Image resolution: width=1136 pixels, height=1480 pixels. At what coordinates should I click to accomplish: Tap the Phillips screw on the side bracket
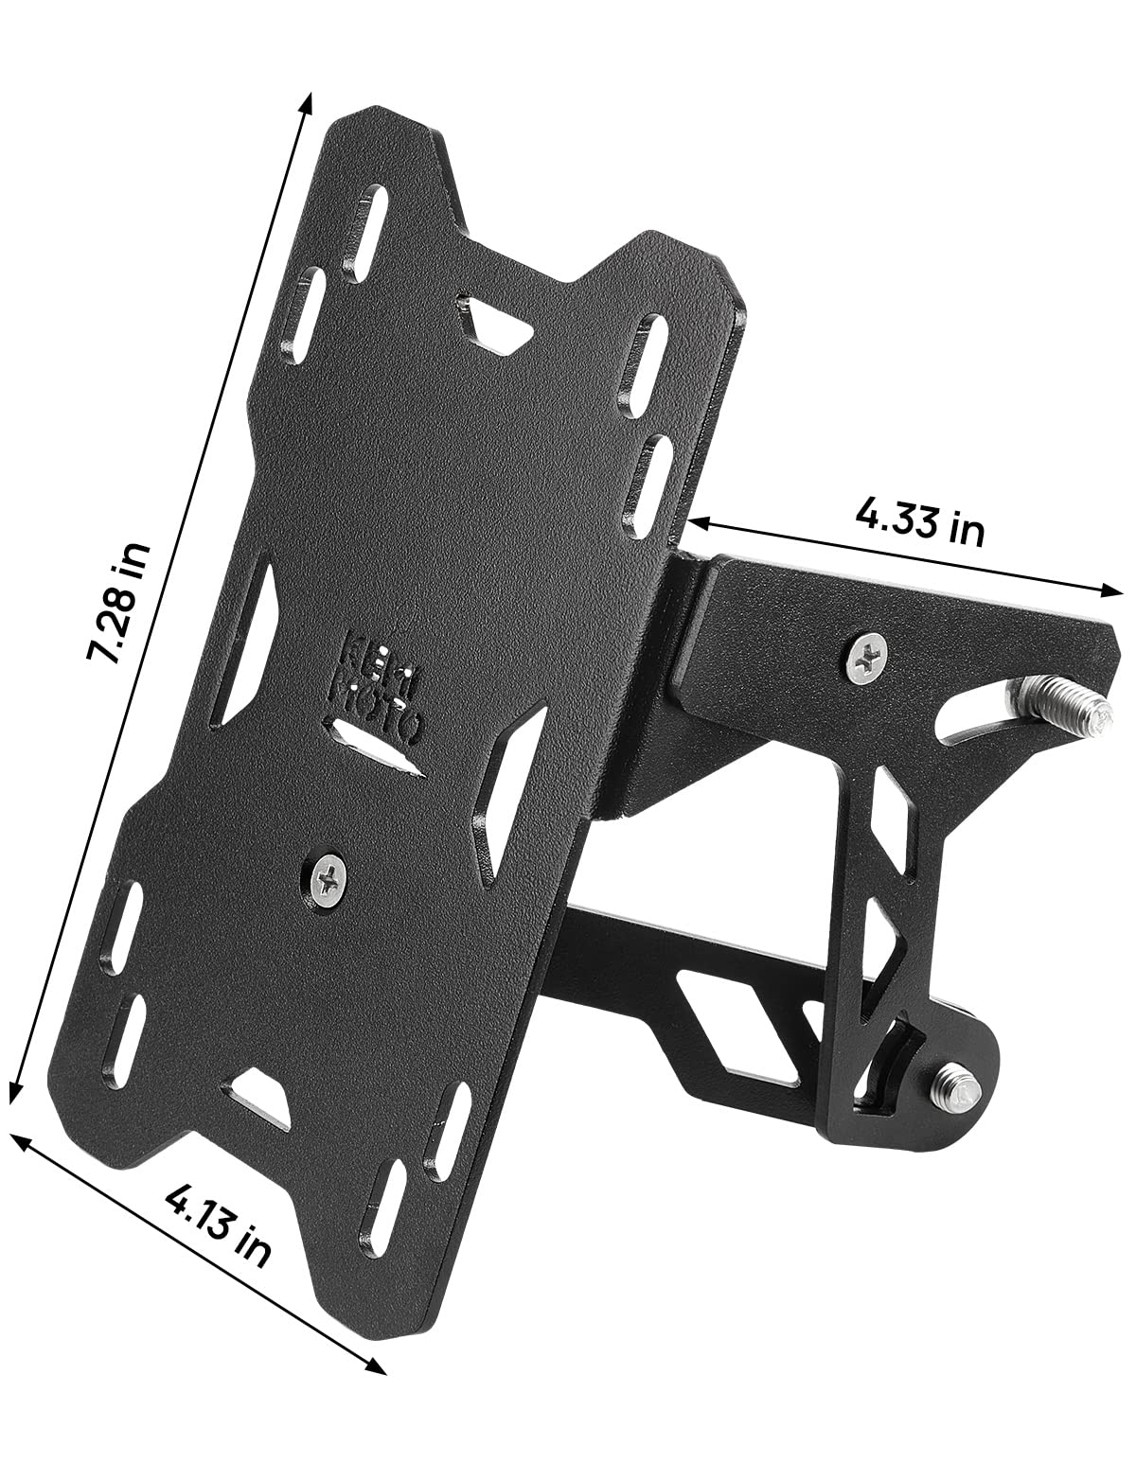point(867,655)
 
